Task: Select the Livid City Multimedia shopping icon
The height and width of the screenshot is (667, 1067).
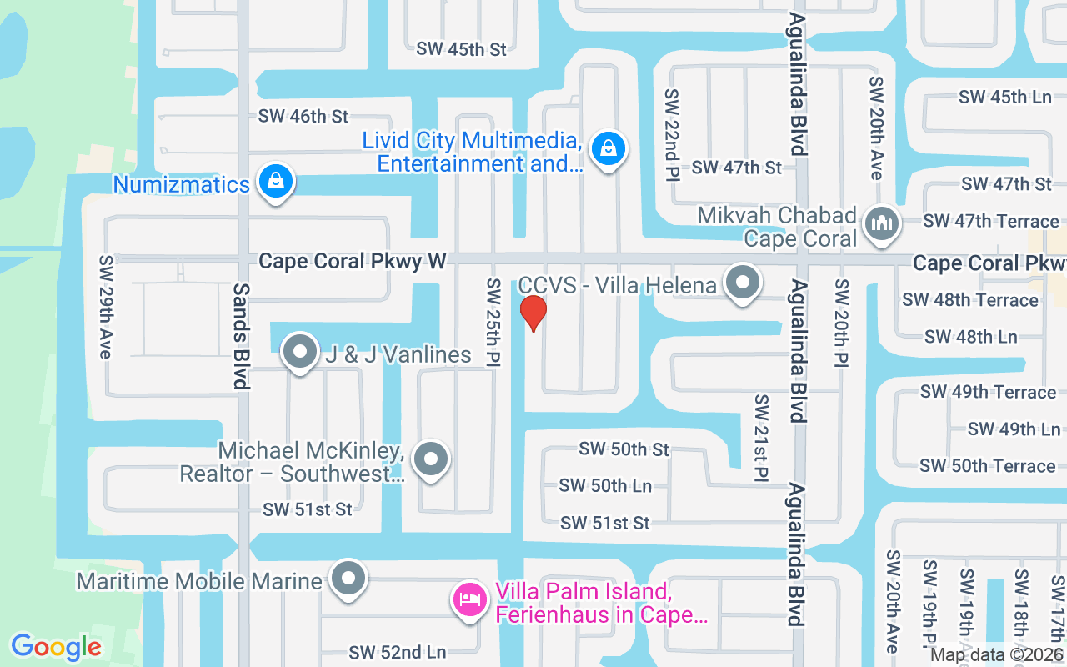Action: point(609,149)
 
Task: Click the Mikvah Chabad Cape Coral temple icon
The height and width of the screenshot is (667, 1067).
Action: point(880,223)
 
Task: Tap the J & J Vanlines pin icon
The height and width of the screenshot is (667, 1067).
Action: point(300,354)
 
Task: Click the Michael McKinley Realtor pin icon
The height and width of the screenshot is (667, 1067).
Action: point(431,459)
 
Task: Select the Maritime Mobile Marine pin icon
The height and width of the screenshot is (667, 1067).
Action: point(348,579)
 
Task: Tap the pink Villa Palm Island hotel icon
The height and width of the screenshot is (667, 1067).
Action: point(469,599)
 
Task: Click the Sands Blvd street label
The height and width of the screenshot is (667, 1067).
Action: point(241,336)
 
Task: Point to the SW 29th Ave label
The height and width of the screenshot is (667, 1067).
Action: point(105,307)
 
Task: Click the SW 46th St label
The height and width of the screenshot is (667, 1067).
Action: point(303,117)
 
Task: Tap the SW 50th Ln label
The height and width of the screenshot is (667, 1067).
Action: point(605,485)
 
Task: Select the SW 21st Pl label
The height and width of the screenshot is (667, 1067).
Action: point(761,438)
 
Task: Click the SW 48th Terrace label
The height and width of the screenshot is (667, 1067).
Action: point(970,299)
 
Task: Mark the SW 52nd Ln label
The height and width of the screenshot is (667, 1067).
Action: point(398,652)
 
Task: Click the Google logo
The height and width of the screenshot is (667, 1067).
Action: point(56,647)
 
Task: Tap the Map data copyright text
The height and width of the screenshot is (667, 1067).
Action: point(997,655)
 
